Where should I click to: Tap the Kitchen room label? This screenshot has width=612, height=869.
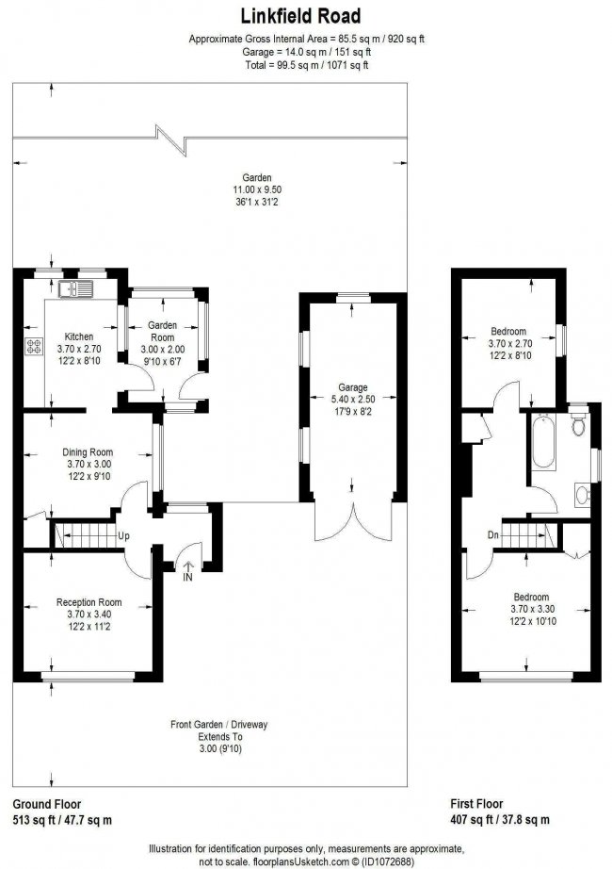click(x=78, y=336)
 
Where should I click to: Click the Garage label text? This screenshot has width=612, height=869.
click(x=353, y=386)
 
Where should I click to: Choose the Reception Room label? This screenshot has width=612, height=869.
click(x=89, y=602)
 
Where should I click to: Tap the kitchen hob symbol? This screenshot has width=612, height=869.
click(x=36, y=346)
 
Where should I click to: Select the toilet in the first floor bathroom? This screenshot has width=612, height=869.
click(x=578, y=425)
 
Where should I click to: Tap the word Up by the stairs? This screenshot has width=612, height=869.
click(x=123, y=536)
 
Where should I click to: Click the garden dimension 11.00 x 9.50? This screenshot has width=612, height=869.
click(x=257, y=189)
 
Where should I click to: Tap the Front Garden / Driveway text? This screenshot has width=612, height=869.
click(x=218, y=725)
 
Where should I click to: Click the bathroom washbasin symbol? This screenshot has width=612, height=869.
click(x=581, y=494)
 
